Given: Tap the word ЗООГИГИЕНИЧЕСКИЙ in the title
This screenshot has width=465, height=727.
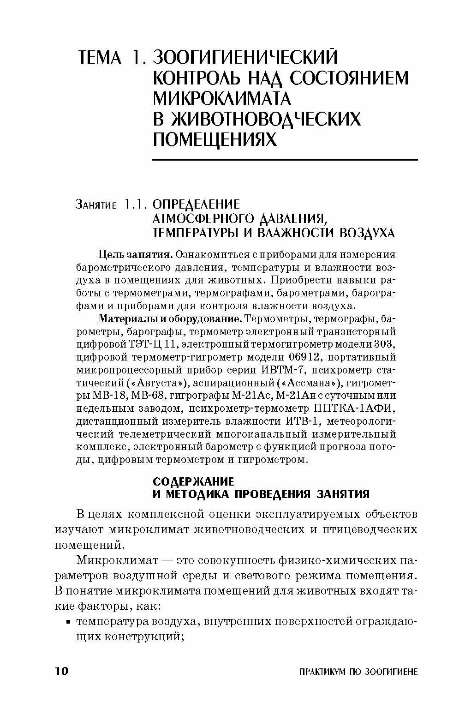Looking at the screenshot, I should pos(245,57).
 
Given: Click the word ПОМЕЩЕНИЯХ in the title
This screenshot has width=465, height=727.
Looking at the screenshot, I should pos(215,138).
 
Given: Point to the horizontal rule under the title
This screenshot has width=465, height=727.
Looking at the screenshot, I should pos(285,160).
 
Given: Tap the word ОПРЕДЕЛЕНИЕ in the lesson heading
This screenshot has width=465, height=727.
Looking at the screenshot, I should pos(197,204).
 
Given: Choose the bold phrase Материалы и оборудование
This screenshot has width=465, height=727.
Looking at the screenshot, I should pos(170,318).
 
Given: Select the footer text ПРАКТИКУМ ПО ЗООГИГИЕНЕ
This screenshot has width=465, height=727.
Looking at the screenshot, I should pos(358,671).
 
